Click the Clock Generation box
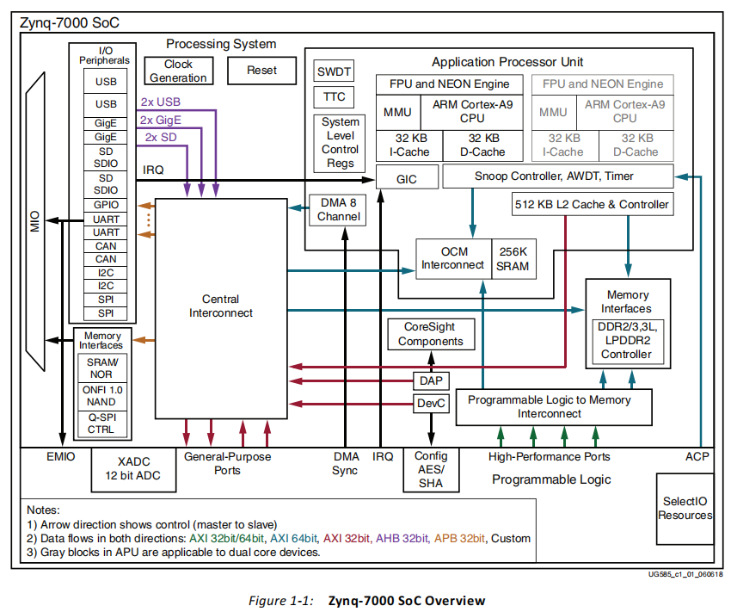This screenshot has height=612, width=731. point(178,71)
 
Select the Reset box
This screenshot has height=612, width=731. point(261,71)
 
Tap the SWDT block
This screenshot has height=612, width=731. point(334,71)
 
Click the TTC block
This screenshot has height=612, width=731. point(334,96)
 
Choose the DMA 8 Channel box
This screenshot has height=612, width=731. point(338,210)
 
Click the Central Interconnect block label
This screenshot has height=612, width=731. point(221,306)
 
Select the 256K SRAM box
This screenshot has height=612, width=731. point(513,258)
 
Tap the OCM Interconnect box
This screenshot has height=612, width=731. point(452,258)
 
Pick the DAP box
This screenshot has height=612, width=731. point(429,380)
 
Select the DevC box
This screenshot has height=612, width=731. point(429,403)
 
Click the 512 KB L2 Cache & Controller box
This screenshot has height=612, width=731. point(590,204)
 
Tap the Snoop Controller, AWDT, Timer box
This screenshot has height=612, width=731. point(556,176)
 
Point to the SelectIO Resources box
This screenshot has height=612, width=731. point(685,508)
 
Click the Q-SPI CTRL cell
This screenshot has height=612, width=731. point(101,423)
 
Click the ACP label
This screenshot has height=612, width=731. point(697,456)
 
